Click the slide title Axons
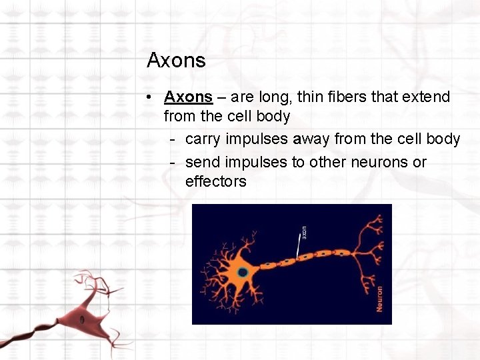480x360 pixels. tap(176, 61)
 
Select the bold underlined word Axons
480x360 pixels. tap(188, 97)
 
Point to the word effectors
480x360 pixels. tap(216, 181)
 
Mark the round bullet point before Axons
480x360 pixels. tap(153, 97)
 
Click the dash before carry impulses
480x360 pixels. tap(173, 139)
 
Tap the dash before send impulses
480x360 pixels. tap(173, 162)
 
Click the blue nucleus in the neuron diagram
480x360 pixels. tap(243, 272)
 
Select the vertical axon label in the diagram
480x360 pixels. tap(303, 233)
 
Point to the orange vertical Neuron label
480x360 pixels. tap(379, 298)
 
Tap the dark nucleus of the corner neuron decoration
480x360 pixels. tap(82, 319)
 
